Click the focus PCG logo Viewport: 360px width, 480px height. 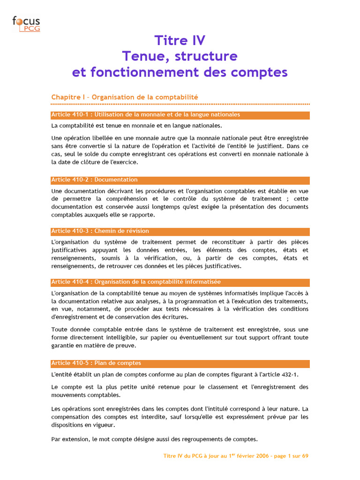(x=26, y=23)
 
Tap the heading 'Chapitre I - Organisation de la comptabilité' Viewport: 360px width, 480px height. (x=125, y=97)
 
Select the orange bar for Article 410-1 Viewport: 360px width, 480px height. (x=180, y=115)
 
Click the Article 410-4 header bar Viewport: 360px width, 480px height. (x=180, y=282)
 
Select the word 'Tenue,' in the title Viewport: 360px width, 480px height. (x=141, y=56)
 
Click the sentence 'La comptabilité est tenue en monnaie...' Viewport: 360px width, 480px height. (x=136, y=126)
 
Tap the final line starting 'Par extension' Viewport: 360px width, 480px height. (x=154, y=439)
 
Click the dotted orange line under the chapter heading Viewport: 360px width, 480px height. (x=180, y=104)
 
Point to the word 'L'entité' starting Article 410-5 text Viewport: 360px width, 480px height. (x=62, y=375)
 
